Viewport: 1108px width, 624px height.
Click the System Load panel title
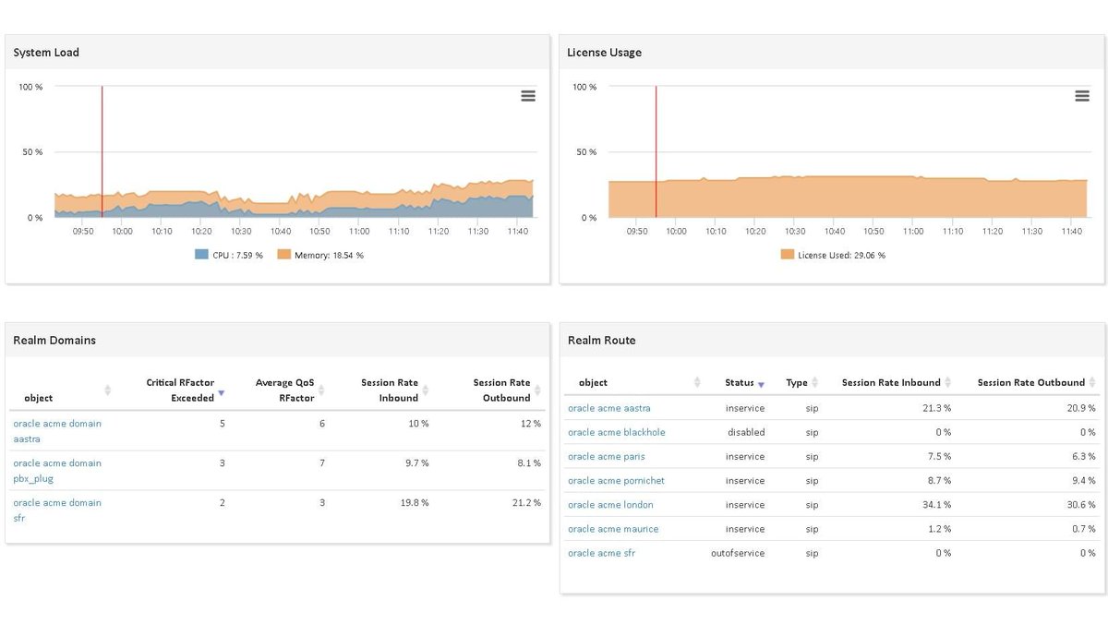click(46, 53)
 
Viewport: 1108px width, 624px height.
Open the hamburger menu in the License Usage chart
click(1082, 96)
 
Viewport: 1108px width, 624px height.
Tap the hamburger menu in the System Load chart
click(528, 96)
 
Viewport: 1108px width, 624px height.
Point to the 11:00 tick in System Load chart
click(359, 232)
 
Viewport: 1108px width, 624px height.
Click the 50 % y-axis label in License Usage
click(584, 152)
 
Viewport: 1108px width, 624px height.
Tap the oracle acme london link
click(610, 505)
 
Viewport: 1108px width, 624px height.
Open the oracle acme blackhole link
click(616, 432)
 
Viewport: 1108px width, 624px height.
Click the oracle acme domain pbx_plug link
click(57, 471)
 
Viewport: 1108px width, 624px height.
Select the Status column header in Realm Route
click(740, 382)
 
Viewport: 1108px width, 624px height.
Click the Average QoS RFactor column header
click(285, 390)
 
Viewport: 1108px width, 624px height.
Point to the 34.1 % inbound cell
click(935, 505)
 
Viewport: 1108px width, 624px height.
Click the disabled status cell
click(746, 432)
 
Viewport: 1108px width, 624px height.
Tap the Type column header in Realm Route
click(797, 382)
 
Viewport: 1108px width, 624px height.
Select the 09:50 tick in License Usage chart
click(636, 232)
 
